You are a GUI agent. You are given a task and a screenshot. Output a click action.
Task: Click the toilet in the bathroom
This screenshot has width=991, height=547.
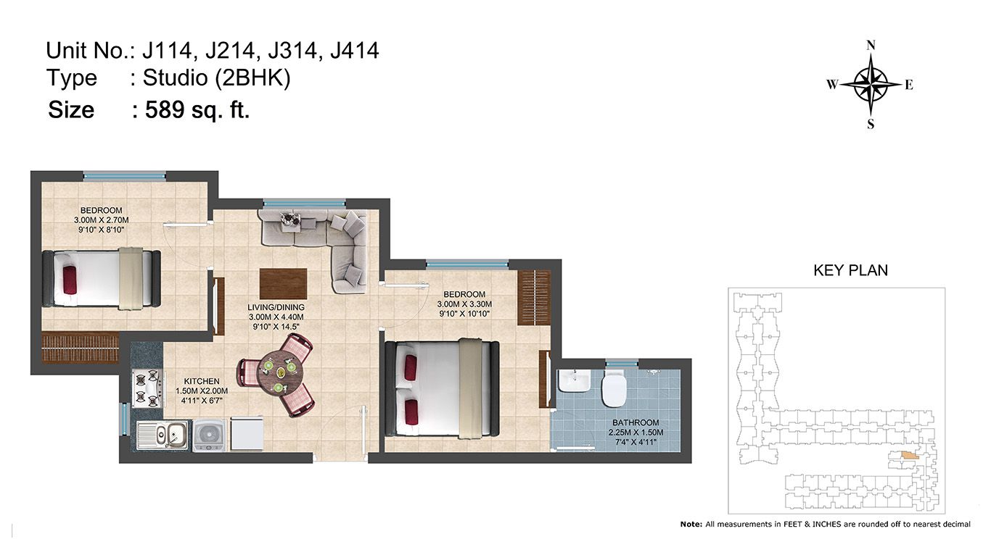click(x=613, y=389)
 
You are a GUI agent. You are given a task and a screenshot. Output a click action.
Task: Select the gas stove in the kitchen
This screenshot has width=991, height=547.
click(x=147, y=389)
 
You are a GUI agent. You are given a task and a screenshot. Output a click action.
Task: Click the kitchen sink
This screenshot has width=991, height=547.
click(x=163, y=435)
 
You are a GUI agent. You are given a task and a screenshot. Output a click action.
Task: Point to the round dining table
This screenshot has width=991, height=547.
click(x=281, y=375)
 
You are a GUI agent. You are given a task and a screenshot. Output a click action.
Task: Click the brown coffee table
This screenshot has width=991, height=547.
click(x=283, y=284)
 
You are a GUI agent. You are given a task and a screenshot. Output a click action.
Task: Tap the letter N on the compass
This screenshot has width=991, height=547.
click(x=871, y=46)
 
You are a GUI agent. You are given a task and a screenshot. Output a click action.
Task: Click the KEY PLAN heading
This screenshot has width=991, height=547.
click(x=850, y=270)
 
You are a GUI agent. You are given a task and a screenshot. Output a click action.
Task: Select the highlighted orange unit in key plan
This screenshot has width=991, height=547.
click(x=910, y=455)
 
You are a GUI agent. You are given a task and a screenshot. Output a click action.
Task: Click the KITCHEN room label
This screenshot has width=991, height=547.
click(x=202, y=381)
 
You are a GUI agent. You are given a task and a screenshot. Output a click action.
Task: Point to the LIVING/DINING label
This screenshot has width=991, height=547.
click(x=276, y=307)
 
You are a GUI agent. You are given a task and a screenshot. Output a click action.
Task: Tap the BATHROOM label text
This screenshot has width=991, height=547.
click(x=636, y=422)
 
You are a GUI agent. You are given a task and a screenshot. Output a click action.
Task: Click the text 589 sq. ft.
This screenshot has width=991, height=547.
click(x=197, y=110)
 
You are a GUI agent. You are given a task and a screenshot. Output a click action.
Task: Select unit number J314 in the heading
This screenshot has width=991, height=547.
click(x=292, y=51)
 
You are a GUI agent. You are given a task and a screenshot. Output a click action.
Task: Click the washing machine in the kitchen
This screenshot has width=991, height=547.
click(x=209, y=435)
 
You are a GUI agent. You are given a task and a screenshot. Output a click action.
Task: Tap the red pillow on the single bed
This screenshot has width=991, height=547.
click(x=70, y=280)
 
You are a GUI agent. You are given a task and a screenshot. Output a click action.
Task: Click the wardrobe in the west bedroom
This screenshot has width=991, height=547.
click(x=81, y=348)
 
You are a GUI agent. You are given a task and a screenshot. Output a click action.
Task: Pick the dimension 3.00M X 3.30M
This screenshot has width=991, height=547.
click(x=464, y=304)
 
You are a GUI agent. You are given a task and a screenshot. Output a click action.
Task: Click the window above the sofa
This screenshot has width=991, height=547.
click(x=304, y=204)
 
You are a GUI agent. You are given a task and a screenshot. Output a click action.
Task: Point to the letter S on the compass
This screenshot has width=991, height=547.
click(x=871, y=124)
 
